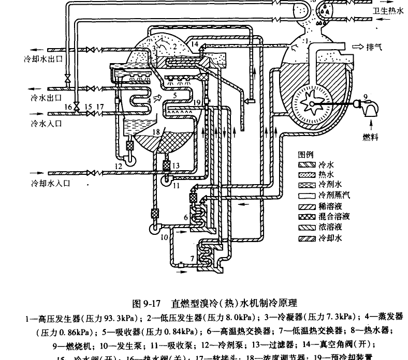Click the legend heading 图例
[306, 155]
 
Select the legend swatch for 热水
[307, 175]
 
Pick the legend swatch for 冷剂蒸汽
[307, 196]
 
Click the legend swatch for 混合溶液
[307, 217]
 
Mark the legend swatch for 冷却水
[307, 238]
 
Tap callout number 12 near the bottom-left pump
[119, 166]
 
